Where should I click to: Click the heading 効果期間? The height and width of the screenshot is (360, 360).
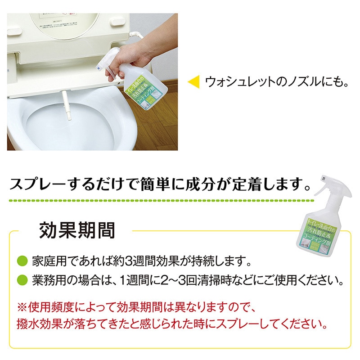click(x=77, y=230)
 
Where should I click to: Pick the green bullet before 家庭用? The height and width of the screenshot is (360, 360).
click(x=22, y=261)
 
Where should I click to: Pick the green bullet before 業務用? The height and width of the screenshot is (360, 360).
click(x=22, y=281)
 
